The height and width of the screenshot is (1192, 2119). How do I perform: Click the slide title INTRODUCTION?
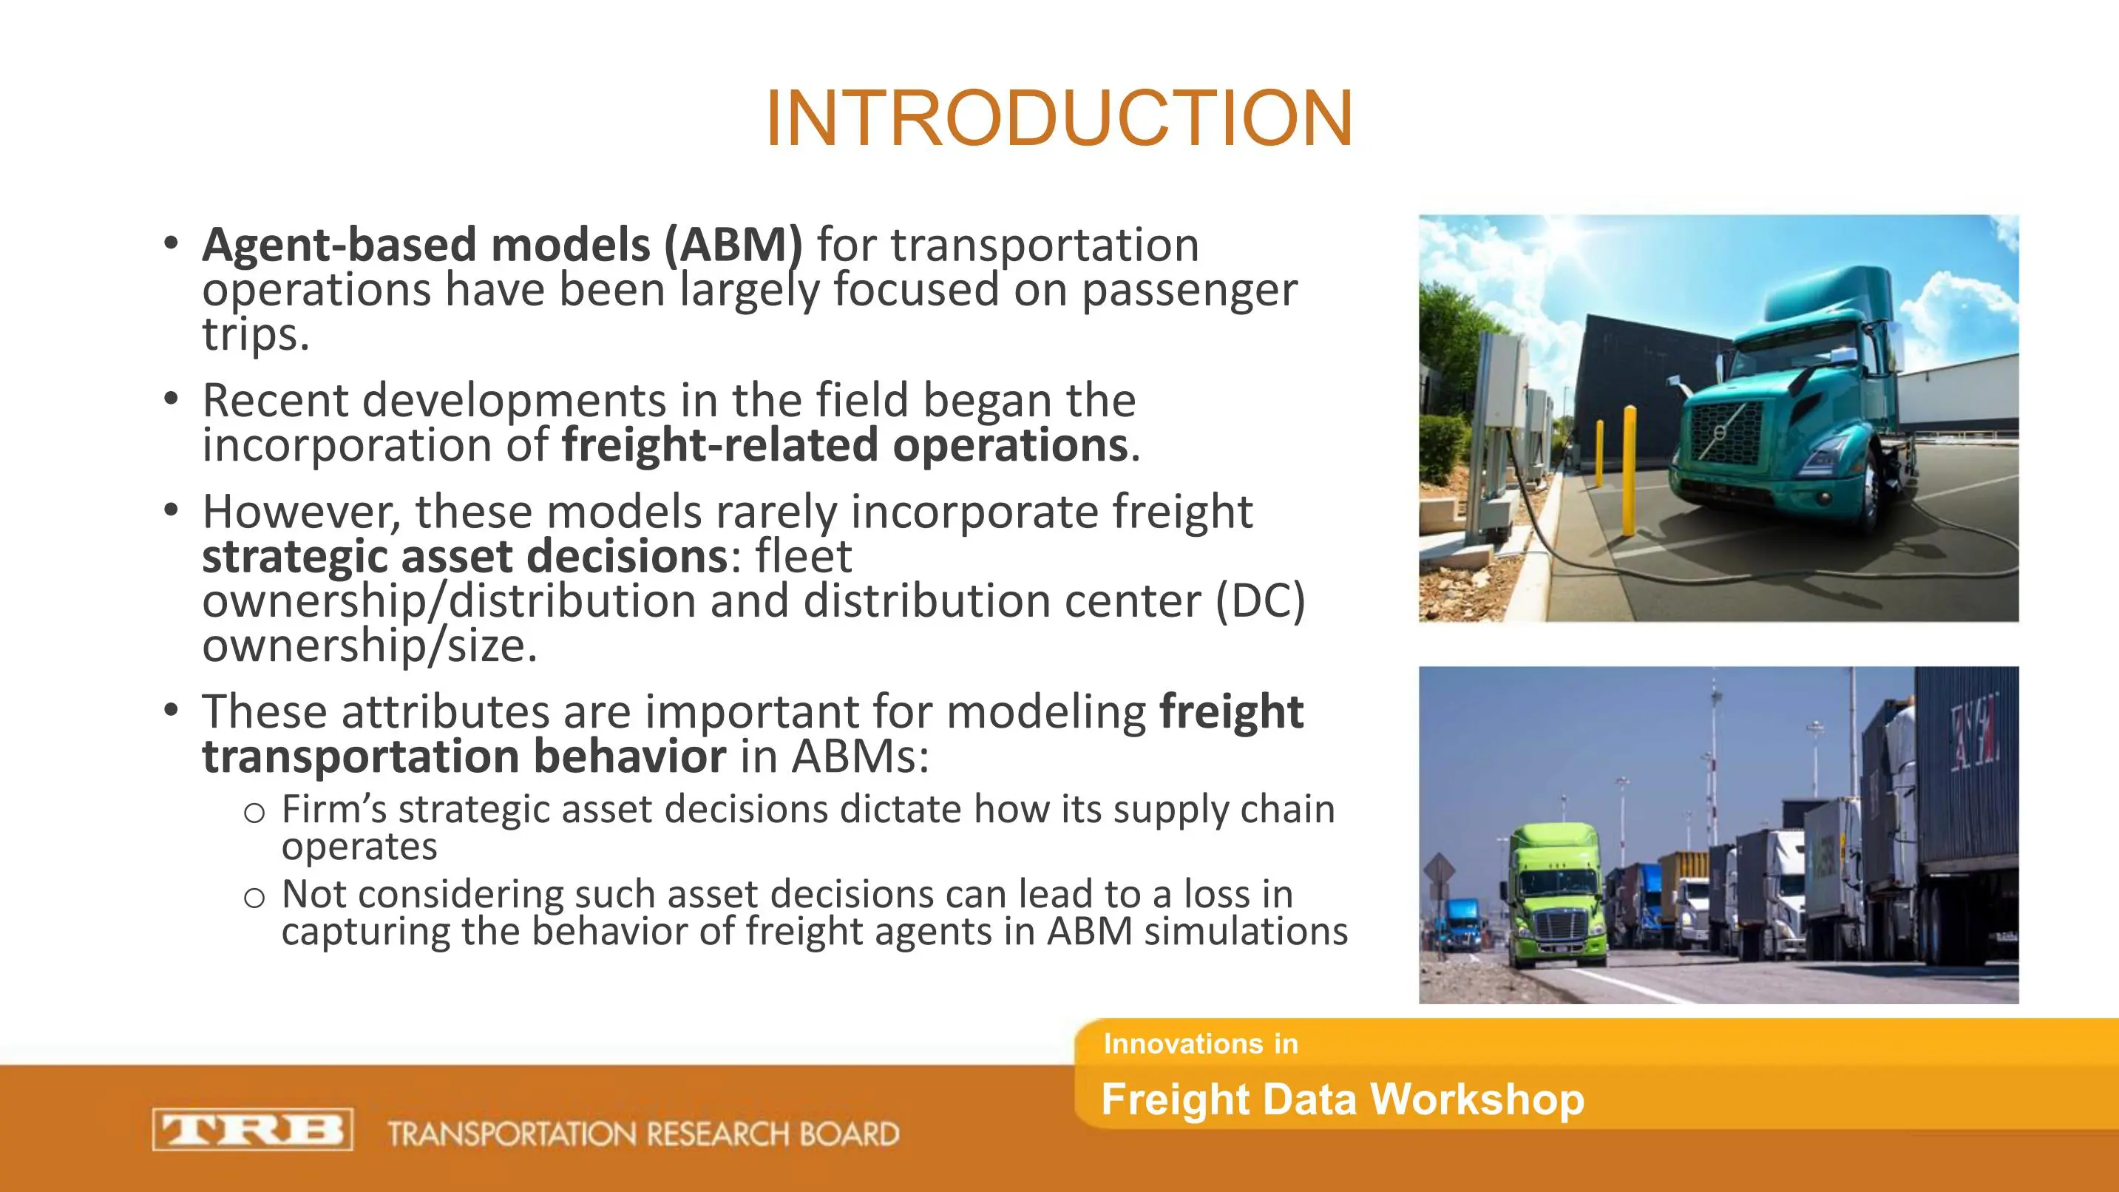(x=1059, y=118)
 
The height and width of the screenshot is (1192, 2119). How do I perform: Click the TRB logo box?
(x=253, y=1129)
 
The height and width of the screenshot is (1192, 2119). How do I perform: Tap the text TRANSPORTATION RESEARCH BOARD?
(x=643, y=1134)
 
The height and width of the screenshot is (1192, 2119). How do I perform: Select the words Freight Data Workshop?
(x=1343, y=1100)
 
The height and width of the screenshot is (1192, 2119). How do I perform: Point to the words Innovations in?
(x=1200, y=1044)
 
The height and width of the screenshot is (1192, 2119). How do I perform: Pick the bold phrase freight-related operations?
(x=845, y=445)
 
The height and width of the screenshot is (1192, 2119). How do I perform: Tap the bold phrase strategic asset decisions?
(x=465, y=556)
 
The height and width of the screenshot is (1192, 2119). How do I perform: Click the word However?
(x=301, y=512)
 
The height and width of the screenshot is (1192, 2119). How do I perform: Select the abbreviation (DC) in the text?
(x=1259, y=601)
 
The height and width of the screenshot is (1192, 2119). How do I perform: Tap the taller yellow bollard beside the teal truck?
(x=1628, y=470)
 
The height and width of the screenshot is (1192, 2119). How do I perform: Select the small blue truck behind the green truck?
(x=1459, y=923)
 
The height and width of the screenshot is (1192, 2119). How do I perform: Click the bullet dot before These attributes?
(x=170, y=710)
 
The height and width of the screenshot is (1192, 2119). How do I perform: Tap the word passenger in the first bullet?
(x=1189, y=291)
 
